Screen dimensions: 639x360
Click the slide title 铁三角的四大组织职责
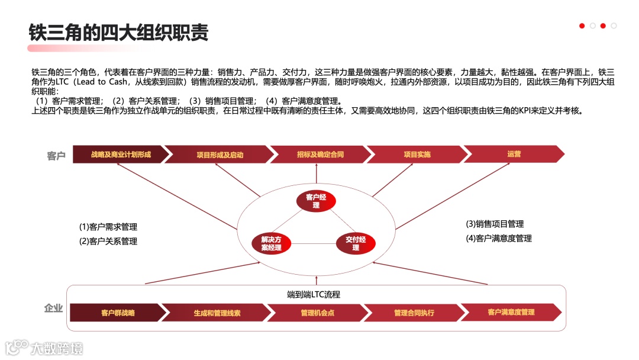click(x=118, y=32)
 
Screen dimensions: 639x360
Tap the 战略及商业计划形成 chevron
click(x=121, y=155)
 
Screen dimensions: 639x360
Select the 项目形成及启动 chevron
click(x=220, y=155)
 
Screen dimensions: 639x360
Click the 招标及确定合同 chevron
click(x=320, y=155)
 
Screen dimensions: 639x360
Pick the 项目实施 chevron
click(x=417, y=155)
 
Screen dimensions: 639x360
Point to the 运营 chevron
click(x=514, y=154)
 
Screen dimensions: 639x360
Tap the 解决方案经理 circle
click(x=272, y=243)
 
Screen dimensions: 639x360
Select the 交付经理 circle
click(x=356, y=243)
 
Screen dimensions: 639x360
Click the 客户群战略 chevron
click(x=118, y=313)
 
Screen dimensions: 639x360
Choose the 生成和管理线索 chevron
click(x=217, y=313)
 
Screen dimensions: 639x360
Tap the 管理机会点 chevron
click(x=317, y=313)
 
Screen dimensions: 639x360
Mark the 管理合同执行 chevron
click(x=414, y=313)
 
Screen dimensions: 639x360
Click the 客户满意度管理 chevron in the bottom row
click(x=511, y=312)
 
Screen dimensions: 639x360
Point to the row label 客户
click(x=56, y=156)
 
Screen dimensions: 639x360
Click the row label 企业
click(x=53, y=308)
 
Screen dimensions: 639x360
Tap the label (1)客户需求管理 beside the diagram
click(x=108, y=227)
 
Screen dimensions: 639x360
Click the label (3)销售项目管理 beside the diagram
click(x=495, y=224)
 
